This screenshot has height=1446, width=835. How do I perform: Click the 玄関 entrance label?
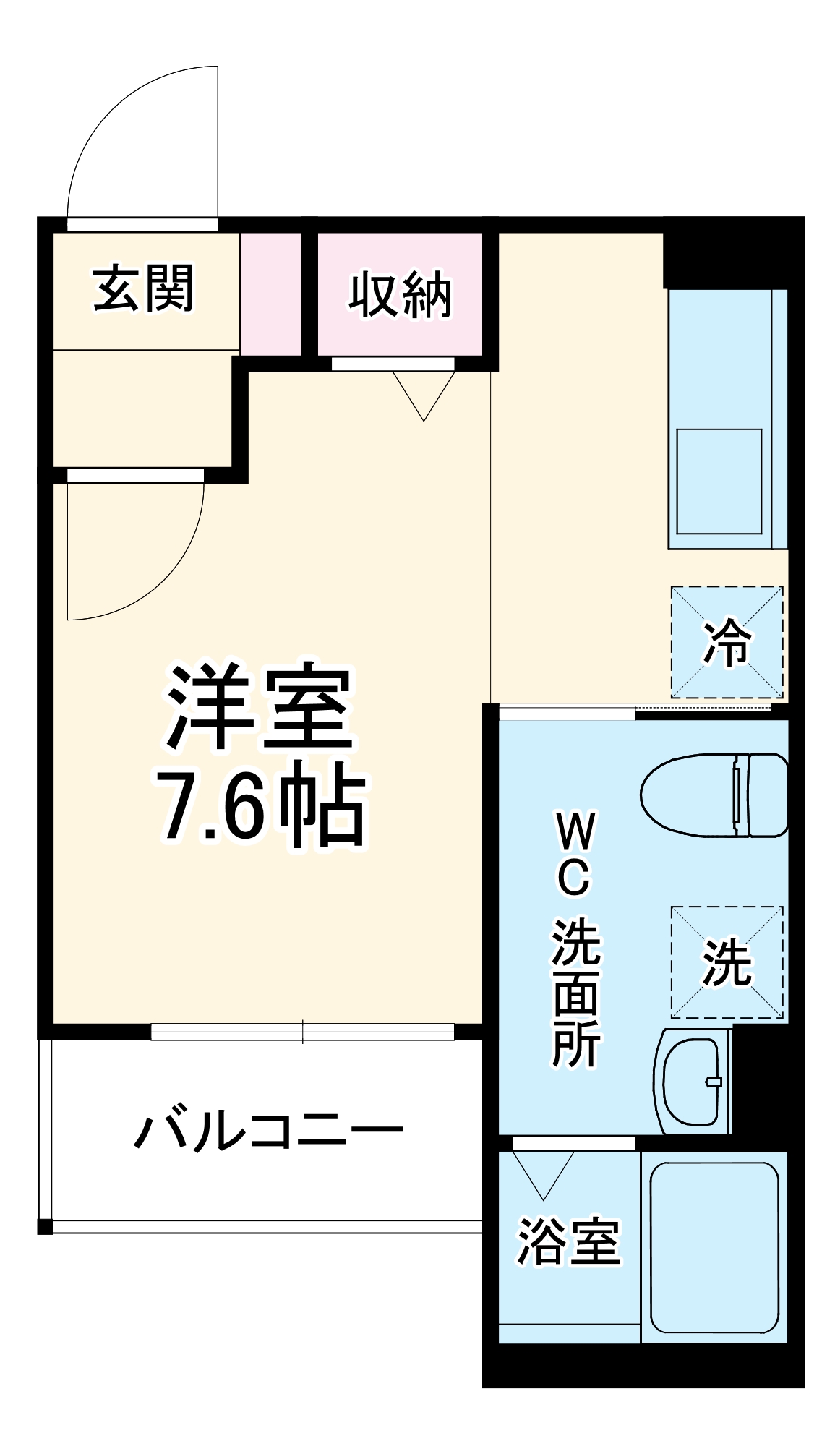[x=144, y=288]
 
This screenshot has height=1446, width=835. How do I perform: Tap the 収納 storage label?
[x=400, y=294]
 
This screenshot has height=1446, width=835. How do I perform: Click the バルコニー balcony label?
[x=268, y=1131]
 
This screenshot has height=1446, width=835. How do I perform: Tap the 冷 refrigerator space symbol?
[x=727, y=642]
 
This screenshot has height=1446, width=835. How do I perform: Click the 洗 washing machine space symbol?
[x=727, y=962]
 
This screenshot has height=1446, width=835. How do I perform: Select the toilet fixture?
[x=714, y=795]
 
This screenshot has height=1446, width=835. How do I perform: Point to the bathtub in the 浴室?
[x=714, y=1247]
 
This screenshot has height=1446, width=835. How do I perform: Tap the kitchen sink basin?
[x=719, y=481]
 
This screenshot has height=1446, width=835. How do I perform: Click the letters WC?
[x=575, y=854]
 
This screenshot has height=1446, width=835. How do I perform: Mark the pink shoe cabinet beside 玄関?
[x=270, y=294]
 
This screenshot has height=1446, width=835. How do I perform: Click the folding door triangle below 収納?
[x=424, y=394]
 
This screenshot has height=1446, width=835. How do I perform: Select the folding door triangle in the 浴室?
[x=543, y=1173]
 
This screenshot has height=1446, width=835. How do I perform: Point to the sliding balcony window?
[x=302, y=1032]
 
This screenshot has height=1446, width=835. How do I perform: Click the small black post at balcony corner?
[x=45, y=1226]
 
